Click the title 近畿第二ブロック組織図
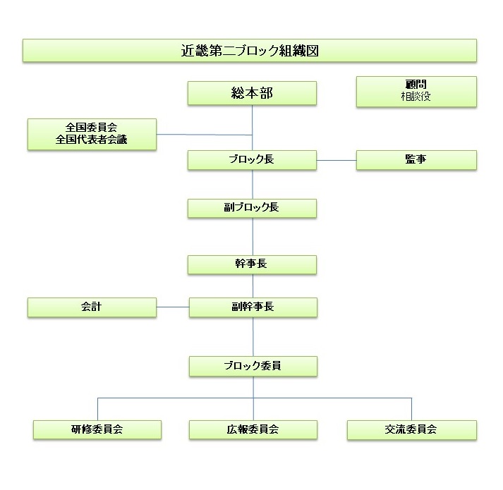250,51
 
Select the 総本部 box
252,93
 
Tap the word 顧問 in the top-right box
416,85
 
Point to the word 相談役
416,96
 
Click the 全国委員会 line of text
92,128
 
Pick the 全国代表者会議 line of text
92,140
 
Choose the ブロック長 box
252,160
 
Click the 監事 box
416,160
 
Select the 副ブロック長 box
252,209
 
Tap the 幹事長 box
252,264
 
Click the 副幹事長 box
253,307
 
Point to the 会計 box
92,307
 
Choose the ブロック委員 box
253,366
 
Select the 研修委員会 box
97,429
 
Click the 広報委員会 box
253,429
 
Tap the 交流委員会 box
412,429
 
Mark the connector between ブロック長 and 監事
337,160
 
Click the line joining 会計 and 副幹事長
173,307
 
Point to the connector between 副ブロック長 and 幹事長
253,237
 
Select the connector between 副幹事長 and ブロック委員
253,337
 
